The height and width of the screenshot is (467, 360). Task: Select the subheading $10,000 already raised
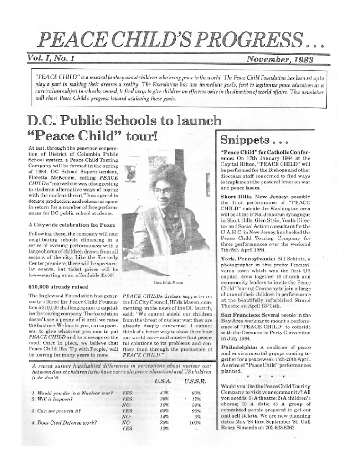58,287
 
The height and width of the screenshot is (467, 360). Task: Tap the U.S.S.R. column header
196,381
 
